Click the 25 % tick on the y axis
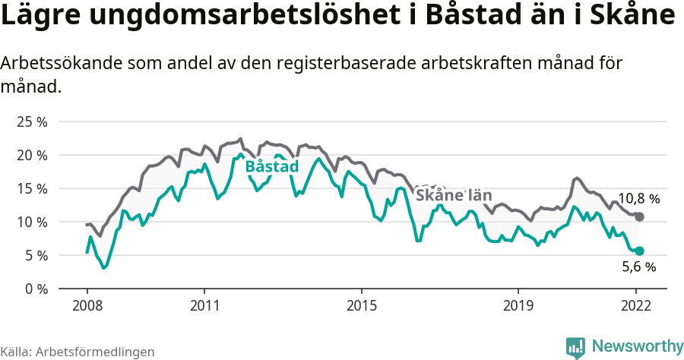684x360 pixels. click(x=32, y=122)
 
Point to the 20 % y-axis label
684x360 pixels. click(x=32, y=155)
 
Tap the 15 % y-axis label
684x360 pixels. click(x=32, y=188)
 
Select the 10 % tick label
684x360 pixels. click(x=32, y=222)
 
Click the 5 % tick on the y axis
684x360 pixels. click(x=35, y=255)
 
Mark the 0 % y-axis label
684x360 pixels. click(x=35, y=289)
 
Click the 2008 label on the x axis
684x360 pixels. click(x=87, y=305)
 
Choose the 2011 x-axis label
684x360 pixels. click(x=204, y=305)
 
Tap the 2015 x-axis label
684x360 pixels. click(x=361, y=305)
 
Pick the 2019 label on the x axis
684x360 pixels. click(x=518, y=305)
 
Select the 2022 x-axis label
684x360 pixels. click(x=636, y=305)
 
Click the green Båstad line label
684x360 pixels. click(x=271, y=166)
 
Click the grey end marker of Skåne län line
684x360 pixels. click(x=640, y=217)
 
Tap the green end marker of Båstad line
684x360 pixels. click(x=640, y=251)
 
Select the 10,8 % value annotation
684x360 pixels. click(x=638, y=199)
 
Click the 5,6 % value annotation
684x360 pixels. click(x=638, y=267)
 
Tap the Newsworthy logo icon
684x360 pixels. click(x=575, y=347)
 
